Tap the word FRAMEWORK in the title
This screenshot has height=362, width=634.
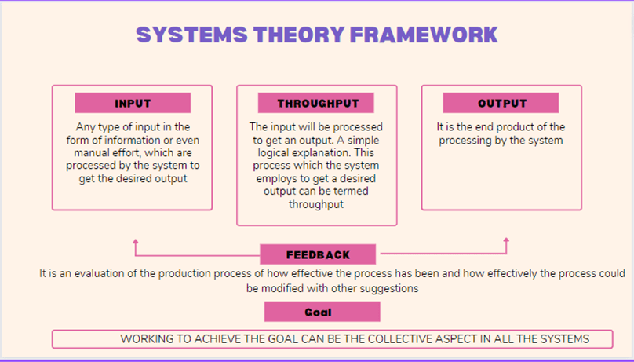click(x=424, y=35)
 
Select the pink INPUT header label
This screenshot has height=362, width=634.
click(x=133, y=103)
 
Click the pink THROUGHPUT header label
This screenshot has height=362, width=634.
click(x=315, y=103)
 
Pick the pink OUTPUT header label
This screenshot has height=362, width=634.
click(x=501, y=103)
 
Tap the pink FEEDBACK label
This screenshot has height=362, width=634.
click(x=318, y=254)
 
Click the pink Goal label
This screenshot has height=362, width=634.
click(x=322, y=312)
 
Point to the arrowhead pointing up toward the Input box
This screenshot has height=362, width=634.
click(x=136, y=242)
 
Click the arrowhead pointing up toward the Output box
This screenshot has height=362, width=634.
click(x=506, y=240)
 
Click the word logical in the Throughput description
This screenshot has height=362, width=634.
click(x=274, y=153)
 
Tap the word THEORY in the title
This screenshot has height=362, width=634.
click(x=299, y=35)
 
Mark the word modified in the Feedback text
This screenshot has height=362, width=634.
click(x=282, y=288)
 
